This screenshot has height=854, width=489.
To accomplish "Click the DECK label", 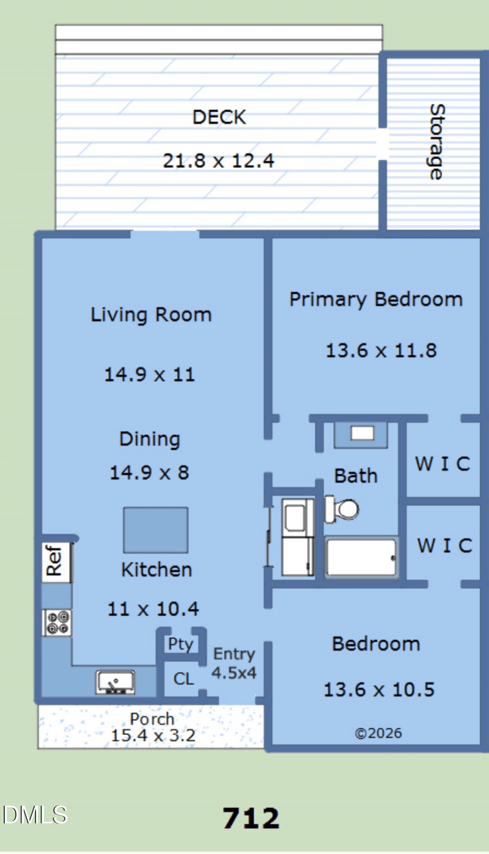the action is pos(219,117).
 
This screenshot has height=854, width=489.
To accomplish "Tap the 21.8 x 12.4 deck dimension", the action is pos(219,161).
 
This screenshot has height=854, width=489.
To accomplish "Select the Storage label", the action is pos(436,142).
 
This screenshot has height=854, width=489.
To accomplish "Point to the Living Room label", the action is pos(151,315).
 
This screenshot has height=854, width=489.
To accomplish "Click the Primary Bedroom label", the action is pos(376,299).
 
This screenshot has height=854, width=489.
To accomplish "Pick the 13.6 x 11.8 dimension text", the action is pos(381,351).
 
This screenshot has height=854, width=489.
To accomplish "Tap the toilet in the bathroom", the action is pos(342,509).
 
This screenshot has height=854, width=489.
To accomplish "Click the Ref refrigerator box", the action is pos(56,562).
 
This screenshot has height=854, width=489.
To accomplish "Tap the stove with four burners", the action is pos(57,622).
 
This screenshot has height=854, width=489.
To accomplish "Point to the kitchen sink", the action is pos(115,682).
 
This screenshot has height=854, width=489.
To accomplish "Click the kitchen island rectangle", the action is pos(156,530).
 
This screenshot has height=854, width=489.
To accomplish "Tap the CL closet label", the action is pos(183,679).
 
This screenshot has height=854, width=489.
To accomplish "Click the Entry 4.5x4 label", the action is pos(234,664).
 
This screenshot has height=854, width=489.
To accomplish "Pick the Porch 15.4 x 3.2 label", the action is pos(153,727).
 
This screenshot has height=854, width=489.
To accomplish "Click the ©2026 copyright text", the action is pos(378,733).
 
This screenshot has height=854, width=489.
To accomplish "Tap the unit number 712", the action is pos(251,819).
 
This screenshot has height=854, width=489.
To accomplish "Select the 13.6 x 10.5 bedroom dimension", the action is pos(379,690).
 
